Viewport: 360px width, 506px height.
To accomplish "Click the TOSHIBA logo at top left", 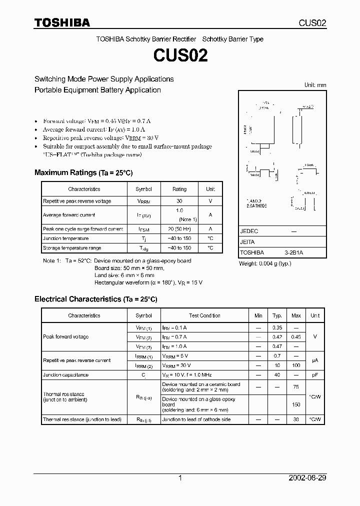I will [x=62, y=22].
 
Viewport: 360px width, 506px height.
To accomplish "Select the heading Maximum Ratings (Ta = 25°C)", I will [x=83, y=172].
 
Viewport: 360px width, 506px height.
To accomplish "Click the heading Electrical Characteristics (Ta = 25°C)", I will [x=95, y=299].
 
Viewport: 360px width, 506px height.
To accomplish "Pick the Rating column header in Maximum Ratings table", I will [x=179, y=189].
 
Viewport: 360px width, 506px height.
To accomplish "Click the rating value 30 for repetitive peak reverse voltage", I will [x=179, y=201].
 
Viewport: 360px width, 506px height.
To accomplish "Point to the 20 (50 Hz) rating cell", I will [x=179, y=229].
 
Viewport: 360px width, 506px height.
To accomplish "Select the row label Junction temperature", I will [x=65, y=238].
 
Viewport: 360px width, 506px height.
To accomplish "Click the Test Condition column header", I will [x=204, y=315].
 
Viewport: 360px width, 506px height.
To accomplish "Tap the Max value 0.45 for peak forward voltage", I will [x=296, y=337].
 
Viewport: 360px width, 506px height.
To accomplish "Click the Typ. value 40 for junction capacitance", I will [x=276, y=374].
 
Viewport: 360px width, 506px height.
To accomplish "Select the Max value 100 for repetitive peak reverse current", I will [x=296, y=365].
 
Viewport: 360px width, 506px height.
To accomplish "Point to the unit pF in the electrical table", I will [x=314, y=374].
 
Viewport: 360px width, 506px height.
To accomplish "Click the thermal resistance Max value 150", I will [x=296, y=404].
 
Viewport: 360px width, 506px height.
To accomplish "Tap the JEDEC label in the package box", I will [x=249, y=231].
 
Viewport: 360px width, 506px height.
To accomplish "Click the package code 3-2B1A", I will [x=293, y=253].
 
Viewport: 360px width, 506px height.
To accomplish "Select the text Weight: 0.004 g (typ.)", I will [x=265, y=263].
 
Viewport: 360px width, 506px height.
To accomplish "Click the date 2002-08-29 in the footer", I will [x=307, y=478].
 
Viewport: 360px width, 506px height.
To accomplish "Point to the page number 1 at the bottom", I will [x=180, y=478].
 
